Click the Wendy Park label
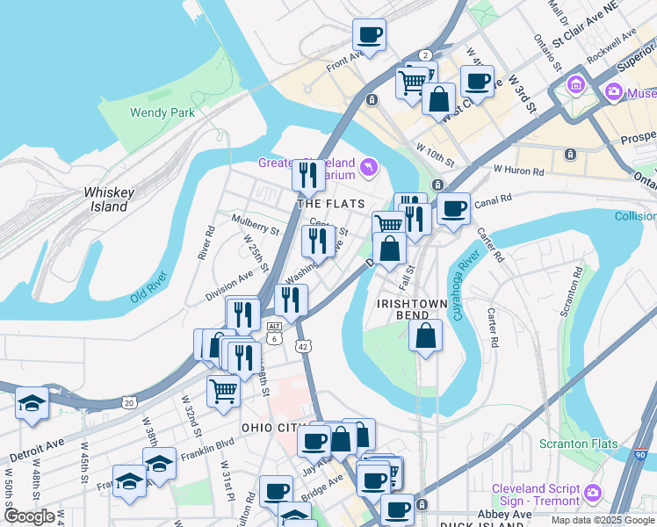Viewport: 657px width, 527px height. [x=161, y=112]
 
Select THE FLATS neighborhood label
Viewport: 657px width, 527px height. [x=330, y=204]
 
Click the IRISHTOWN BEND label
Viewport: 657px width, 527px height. [x=415, y=302]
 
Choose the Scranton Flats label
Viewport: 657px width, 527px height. [x=575, y=444]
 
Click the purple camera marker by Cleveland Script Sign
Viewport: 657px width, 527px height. [x=594, y=495]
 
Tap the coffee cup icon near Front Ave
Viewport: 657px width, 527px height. [x=369, y=36]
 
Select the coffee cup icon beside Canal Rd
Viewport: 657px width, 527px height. [x=453, y=209]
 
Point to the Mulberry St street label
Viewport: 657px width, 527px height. [x=255, y=225]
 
